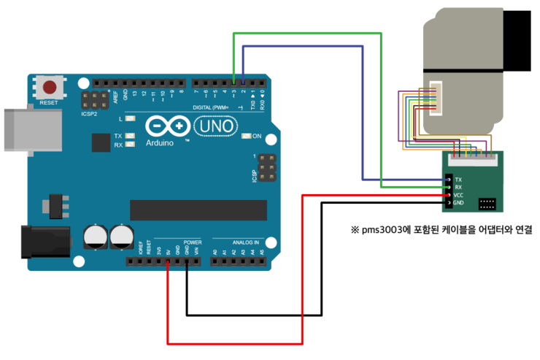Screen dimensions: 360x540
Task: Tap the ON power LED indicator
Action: [x=246, y=136]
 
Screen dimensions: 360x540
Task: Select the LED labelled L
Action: [x=130, y=118]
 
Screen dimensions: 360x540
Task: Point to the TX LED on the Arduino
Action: [x=130, y=136]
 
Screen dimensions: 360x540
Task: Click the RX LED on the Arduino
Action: [x=130, y=145]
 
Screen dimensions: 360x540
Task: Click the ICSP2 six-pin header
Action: [x=95, y=100]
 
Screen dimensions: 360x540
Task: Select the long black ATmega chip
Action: [x=198, y=210]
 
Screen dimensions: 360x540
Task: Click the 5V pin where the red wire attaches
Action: [x=168, y=261]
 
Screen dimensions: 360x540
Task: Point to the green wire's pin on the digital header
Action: [x=234, y=83]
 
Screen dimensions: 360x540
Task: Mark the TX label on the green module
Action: [x=458, y=180]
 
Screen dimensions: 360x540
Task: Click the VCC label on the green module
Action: [x=458, y=195]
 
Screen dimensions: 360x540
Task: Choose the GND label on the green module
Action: [x=458, y=203]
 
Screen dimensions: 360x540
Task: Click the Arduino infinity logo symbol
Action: [x=167, y=126]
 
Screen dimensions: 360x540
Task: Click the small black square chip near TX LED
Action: [x=101, y=142]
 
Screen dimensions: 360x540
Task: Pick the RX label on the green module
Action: [x=458, y=188]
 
